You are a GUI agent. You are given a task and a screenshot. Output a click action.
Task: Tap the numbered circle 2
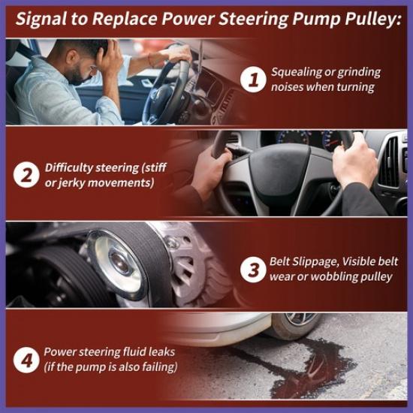tap(26, 174)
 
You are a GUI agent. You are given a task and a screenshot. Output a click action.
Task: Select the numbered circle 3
tap(255, 269)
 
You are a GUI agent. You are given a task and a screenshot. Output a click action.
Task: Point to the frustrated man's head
tap(83, 56)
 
